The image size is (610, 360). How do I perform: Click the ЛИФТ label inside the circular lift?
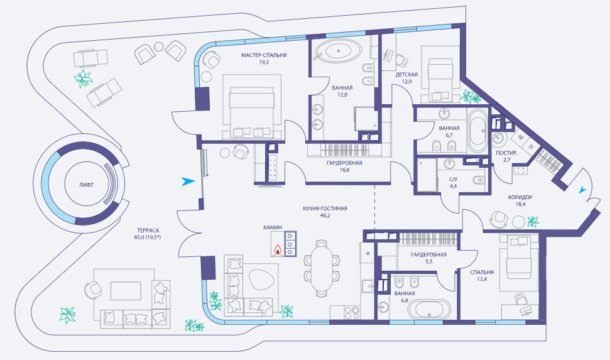(x=86, y=185)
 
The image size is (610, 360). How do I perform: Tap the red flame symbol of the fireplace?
(x=278, y=249)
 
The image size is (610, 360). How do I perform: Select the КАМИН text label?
(x=272, y=227)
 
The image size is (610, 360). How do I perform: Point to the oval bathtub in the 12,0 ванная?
(x=338, y=51)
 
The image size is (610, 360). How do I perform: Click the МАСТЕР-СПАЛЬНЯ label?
(x=264, y=55)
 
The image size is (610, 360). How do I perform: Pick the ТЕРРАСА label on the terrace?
(x=148, y=230)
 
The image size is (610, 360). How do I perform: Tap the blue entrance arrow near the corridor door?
(x=582, y=190)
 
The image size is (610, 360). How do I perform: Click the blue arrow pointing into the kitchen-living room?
(x=187, y=182)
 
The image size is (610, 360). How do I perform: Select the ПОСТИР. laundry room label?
(x=506, y=153)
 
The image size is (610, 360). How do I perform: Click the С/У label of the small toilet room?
(x=453, y=180)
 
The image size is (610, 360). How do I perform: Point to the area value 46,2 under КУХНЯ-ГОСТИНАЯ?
(x=324, y=215)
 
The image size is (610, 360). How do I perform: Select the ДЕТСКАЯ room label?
(x=406, y=74)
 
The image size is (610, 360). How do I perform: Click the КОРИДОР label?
(x=520, y=197)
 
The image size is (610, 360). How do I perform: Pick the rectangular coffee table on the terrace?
(x=126, y=291)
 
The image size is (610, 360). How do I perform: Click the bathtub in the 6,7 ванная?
(x=477, y=131)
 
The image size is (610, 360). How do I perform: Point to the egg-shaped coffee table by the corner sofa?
(x=262, y=280)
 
